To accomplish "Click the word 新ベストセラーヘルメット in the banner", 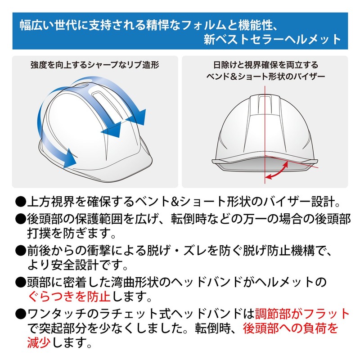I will click(x=273, y=39).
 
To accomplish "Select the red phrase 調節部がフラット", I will click(x=302, y=314).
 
